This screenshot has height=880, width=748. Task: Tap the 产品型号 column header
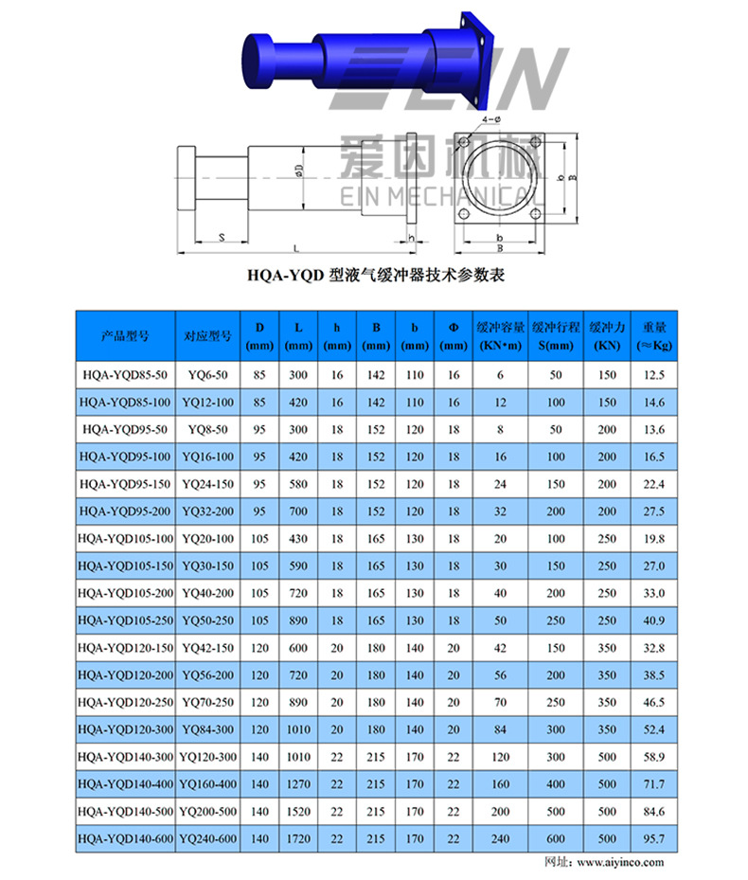(x=126, y=335)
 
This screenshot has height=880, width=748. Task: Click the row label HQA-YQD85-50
(x=126, y=376)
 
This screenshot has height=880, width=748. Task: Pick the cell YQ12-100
(x=207, y=403)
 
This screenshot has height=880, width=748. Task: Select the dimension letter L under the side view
(x=297, y=249)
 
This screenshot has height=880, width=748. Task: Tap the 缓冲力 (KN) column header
(x=605, y=335)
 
